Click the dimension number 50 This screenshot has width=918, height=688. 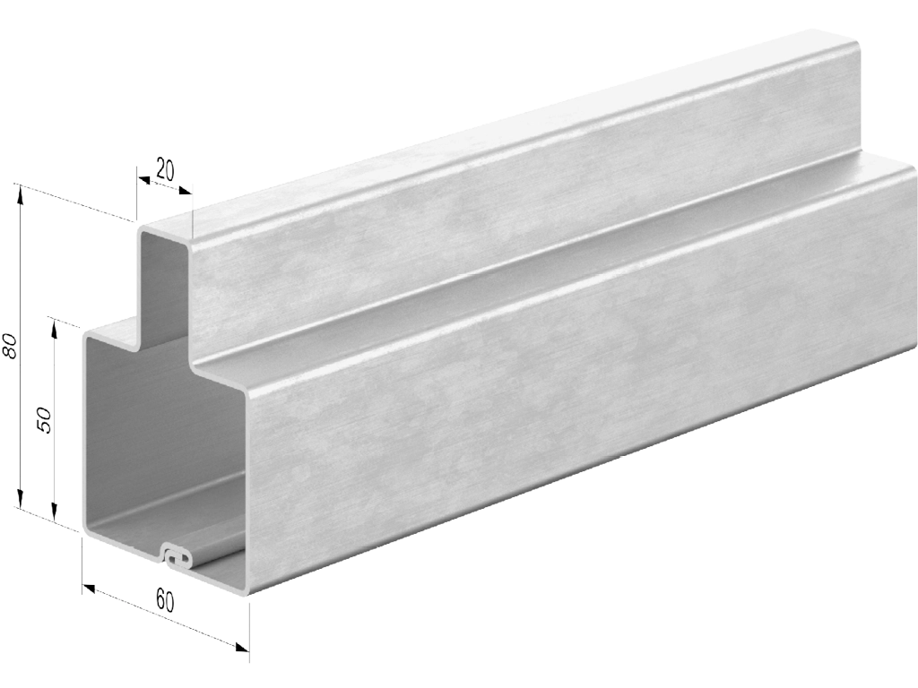pyautogui.click(x=45, y=420)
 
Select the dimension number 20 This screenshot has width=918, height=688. pyautogui.click(x=166, y=170)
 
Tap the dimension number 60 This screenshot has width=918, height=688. pyautogui.click(x=165, y=601)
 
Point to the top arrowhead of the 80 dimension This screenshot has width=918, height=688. pyautogui.click(x=21, y=194)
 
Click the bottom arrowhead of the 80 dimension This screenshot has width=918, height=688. pyautogui.click(x=21, y=498)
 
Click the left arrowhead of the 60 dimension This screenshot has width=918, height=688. pyautogui.click(x=89, y=588)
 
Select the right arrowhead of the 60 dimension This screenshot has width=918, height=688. pyautogui.click(x=242, y=647)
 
